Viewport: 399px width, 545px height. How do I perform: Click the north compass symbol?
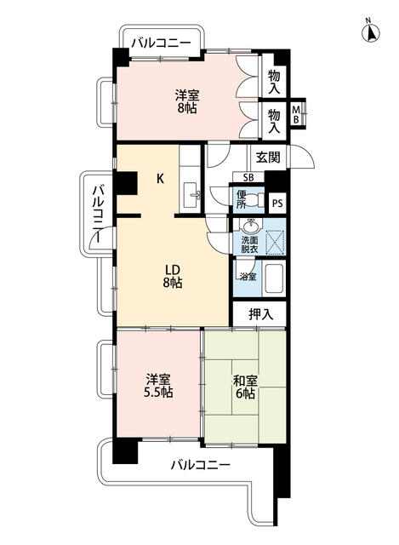point(371,32)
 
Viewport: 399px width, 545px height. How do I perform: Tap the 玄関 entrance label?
point(268,157)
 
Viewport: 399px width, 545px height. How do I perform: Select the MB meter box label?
point(296,114)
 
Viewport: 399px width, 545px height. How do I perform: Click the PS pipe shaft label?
point(277,204)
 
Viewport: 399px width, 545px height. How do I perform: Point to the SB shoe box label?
point(248,178)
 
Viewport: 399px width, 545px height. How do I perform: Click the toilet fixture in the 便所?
point(255,200)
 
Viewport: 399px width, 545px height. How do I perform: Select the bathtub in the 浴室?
point(275,278)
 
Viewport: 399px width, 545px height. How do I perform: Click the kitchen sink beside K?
point(191,195)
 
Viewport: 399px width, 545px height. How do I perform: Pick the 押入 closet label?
point(261,314)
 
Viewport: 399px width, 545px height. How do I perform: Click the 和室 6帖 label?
point(245,387)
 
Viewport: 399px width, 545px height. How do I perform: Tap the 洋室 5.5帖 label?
point(158,385)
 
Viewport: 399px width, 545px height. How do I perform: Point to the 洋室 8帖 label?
point(187,101)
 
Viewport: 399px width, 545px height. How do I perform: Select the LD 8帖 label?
point(172,276)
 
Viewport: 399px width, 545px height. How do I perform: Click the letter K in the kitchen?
point(160,179)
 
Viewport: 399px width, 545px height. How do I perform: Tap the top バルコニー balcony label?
point(161,43)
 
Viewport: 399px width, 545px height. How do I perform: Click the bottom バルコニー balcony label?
point(201,465)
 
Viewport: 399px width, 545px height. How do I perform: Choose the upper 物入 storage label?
point(274,82)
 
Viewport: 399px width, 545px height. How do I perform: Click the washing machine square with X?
point(275,242)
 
